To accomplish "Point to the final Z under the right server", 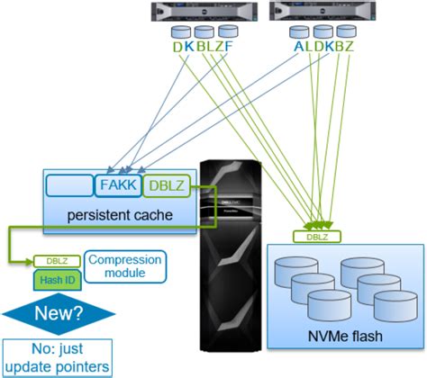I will coord(350,44).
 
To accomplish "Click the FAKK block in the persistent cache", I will coord(117,185).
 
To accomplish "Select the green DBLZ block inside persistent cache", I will coord(167,185).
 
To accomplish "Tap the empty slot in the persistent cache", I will coord(69,185).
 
